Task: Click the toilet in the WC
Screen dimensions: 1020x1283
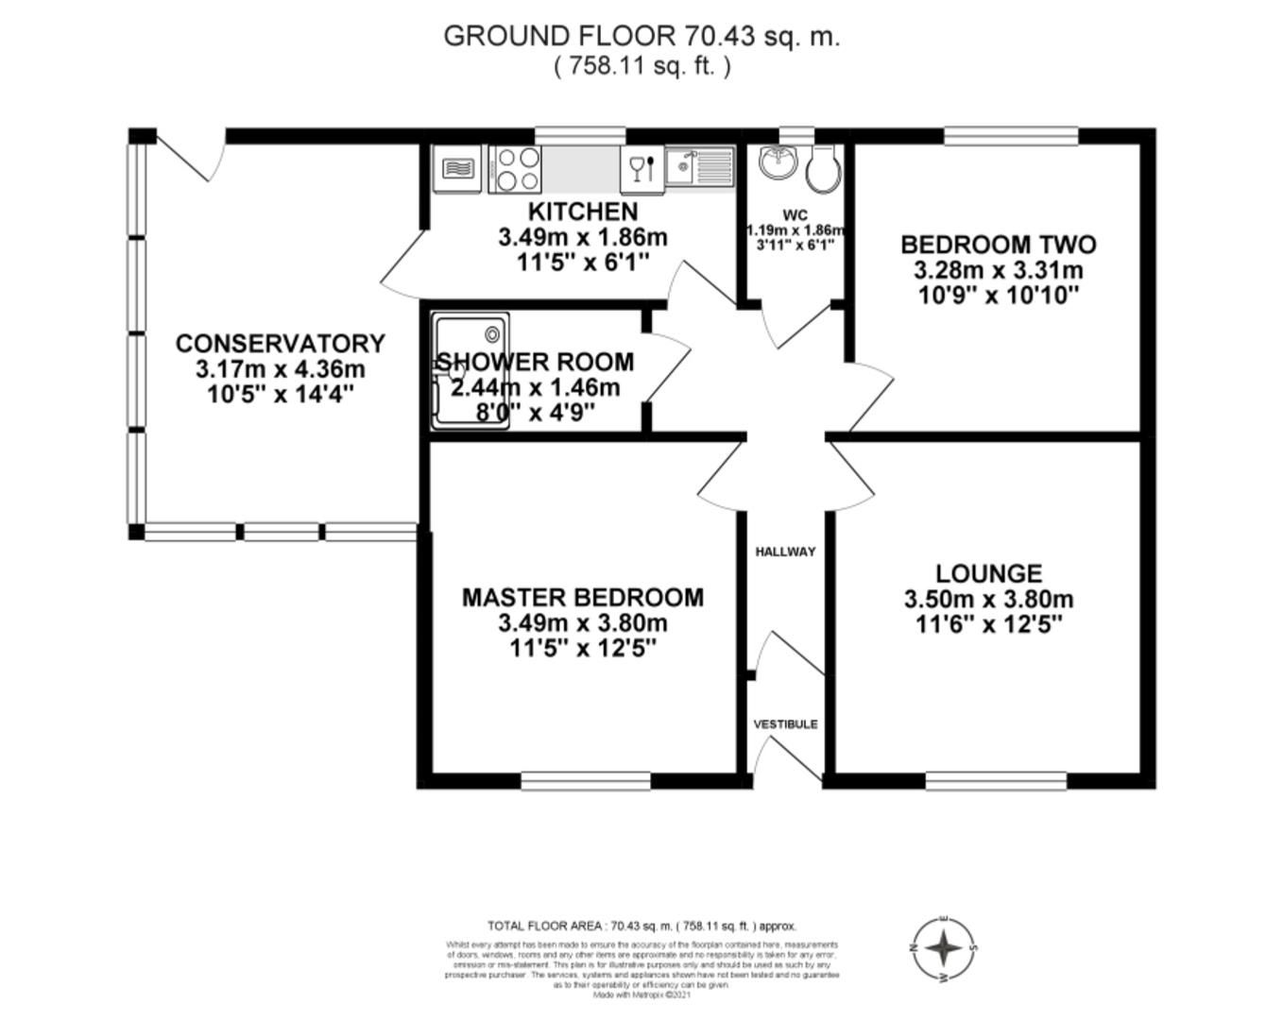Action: click(824, 167)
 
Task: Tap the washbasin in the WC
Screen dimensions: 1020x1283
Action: click(779, 162)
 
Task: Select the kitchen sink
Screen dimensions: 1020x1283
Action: click(699, 168)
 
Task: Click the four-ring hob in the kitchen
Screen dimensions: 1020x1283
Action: click(515, 170)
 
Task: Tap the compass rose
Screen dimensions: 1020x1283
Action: click(944, 948)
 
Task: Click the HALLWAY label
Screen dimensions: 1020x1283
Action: click(785, 552)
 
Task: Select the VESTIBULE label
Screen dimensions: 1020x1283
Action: click(785, 724)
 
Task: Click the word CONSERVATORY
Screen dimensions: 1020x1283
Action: click(281, 344)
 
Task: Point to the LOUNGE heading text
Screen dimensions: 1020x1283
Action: click(989, 573)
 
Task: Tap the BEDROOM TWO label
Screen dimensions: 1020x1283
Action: click(999, 245)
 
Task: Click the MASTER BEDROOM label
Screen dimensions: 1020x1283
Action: click(582, 597)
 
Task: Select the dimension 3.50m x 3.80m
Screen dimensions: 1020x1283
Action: click(989, 599)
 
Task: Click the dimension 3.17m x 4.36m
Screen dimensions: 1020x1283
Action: click(281, 369)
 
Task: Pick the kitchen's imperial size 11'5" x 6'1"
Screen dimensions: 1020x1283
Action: click(582, 263)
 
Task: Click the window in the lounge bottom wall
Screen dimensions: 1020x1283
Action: click(996, 781)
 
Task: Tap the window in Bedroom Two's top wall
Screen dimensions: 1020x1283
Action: click(1011, 136)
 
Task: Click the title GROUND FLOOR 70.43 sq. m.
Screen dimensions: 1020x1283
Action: click(641, 36)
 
